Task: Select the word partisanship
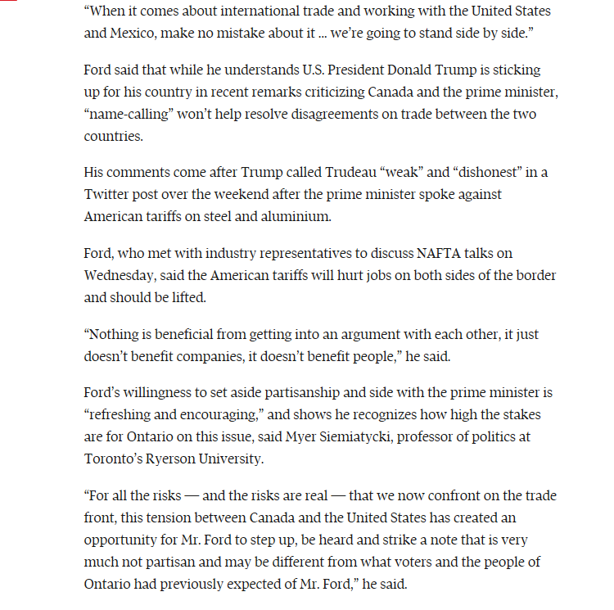point(321,394)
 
